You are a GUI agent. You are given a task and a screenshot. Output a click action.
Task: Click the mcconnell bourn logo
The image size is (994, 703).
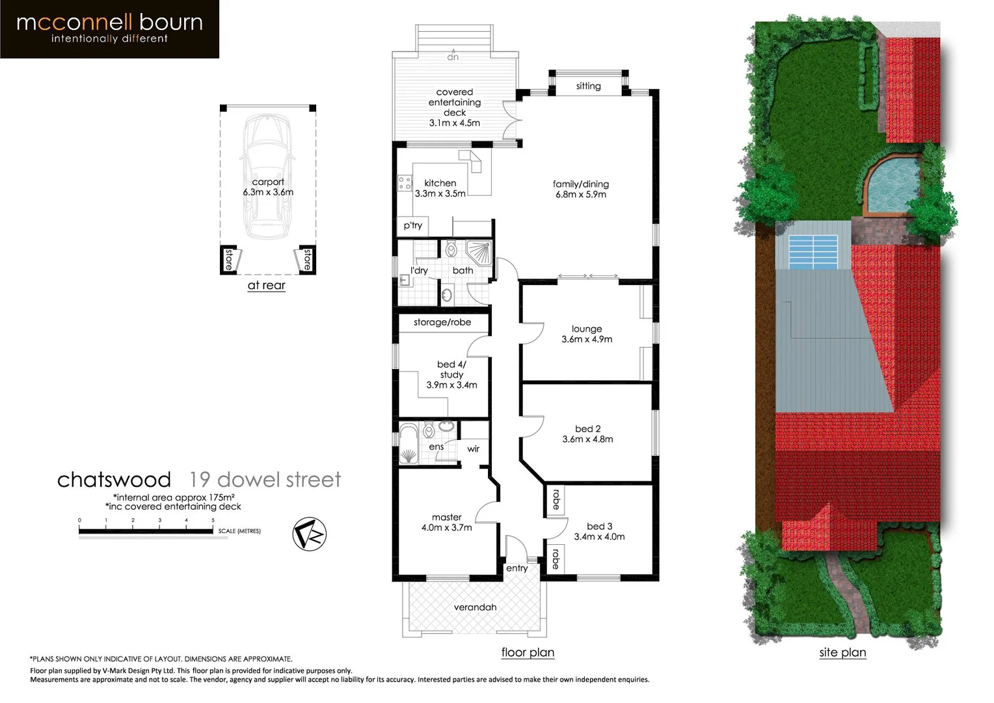tap(109, 29)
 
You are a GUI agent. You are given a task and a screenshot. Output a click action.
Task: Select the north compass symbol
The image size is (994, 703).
tap(309, 534)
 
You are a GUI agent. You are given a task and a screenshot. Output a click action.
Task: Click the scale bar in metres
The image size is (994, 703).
tap(146, 531)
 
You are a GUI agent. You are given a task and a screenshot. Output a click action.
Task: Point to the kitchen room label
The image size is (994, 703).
tap(440, 184)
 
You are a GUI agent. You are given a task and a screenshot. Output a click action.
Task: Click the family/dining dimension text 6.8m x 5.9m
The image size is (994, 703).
tap(580, 195)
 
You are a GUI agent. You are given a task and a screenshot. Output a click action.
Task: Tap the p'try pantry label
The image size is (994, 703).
tap(412, 226)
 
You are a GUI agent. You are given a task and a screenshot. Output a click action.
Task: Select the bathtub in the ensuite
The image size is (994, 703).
tap(409, 445)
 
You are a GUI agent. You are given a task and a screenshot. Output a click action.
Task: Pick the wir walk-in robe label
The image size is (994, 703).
tap(473, 449)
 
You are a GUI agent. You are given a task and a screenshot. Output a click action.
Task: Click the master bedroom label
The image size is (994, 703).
tap(446, 517)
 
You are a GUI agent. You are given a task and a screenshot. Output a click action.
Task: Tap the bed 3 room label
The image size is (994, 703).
tap(599, 527)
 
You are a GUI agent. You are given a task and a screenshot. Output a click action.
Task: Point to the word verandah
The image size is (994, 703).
tap(475, 607)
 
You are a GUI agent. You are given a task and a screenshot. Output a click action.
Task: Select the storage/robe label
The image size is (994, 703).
tap(442, 322)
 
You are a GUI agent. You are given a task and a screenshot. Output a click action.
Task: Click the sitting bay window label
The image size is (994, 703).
tap(588, 86)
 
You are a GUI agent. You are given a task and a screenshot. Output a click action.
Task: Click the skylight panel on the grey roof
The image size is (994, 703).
tap(813, 252)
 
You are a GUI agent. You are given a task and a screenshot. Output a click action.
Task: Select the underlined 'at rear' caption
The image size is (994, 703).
tap(266, 286)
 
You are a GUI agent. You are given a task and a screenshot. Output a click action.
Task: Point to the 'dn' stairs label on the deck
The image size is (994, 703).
tap(453, 57)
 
